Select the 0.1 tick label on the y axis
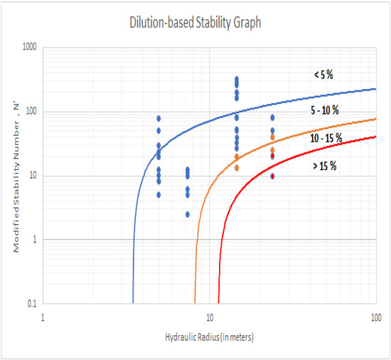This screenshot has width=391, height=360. tap(33, 304)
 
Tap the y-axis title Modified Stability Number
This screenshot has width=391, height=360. tap(12, 176)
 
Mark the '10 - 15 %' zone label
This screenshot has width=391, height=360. tap(328, 138)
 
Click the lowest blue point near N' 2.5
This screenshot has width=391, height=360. tap(188, 214)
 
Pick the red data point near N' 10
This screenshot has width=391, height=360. tap(272, 176)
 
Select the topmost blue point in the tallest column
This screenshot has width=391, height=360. tap(237, 79)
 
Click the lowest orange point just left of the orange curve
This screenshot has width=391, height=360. tap(237, 168)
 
